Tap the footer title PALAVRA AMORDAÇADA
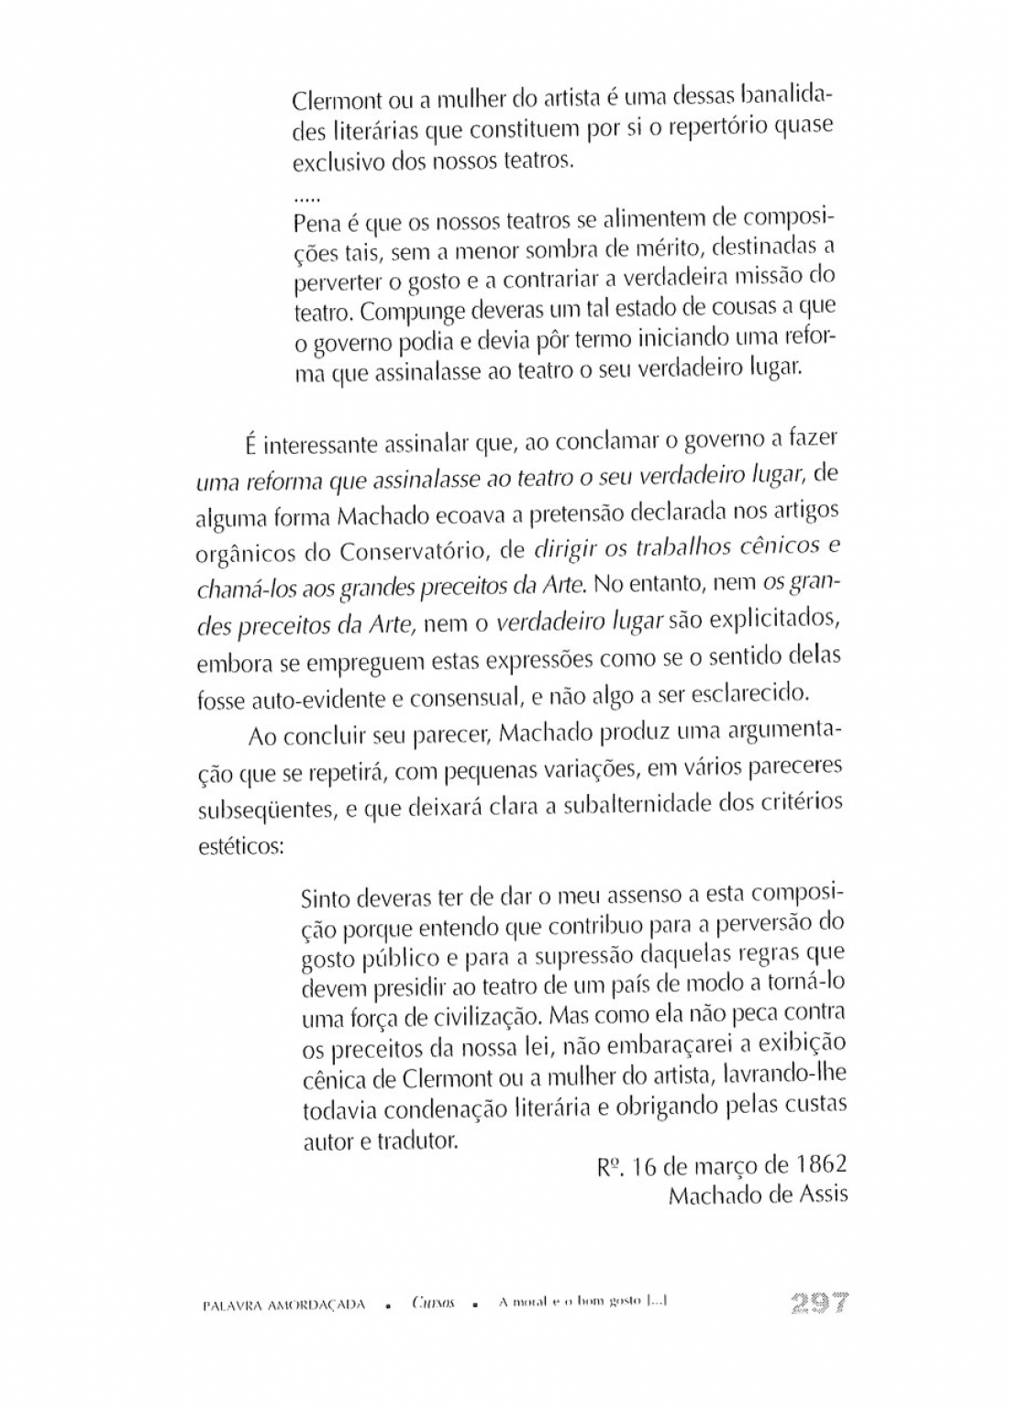tap(283, 1305)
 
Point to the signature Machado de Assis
tap(758, 1196)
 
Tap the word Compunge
tap(405, 312)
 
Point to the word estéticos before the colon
tap(238, 846)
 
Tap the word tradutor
tap(416, 1142)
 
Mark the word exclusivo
tap(328, 163)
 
